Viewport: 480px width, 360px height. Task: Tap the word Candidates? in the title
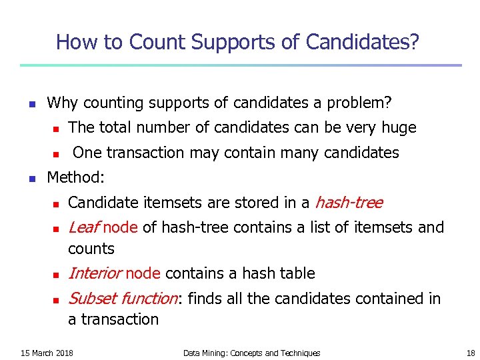click(363, 43)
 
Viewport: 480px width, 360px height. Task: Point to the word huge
click(399, 127)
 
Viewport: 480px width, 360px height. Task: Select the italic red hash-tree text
click(348, 202)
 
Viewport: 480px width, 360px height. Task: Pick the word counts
click(91, 249)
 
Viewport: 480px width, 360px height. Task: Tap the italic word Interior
click(95, 273)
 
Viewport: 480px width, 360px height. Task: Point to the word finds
click(205, 299)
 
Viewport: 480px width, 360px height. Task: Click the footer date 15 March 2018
click(47, 353)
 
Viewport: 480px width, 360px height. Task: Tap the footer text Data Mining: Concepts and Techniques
click(251, 353)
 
